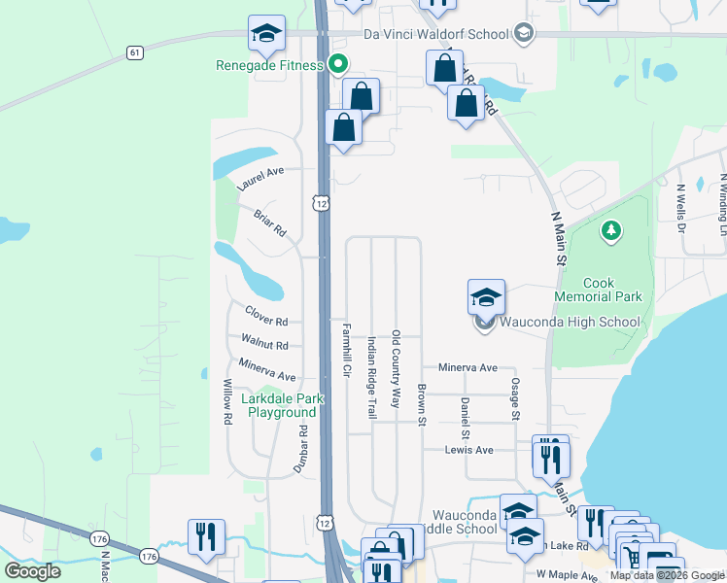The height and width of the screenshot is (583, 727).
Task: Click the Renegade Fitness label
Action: coord(269,66)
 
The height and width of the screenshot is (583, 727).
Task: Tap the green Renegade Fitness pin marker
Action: coord(338,65)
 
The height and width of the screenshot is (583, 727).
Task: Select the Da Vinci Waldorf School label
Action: coord(436,35)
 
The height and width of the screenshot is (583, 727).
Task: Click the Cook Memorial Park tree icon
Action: coord(611,230)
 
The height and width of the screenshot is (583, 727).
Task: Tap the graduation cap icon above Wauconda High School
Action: coord(486,297)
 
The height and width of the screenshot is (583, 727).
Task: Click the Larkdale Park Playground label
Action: coord(282,405)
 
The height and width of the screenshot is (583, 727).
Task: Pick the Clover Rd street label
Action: coord(266,317)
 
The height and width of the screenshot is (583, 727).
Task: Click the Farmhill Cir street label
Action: coord(345,350)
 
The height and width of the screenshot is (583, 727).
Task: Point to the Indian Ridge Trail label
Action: coord(371,377)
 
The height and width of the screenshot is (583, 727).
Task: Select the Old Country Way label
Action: coord(396,368)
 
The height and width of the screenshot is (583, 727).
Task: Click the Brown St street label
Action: coord(422,405)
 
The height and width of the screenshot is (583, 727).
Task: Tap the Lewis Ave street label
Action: coord(469,450)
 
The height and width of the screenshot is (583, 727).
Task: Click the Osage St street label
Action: coord(514,399)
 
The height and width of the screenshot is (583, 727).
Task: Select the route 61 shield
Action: coord(134,51)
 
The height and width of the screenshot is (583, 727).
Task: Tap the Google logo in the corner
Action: coord(33,571)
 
